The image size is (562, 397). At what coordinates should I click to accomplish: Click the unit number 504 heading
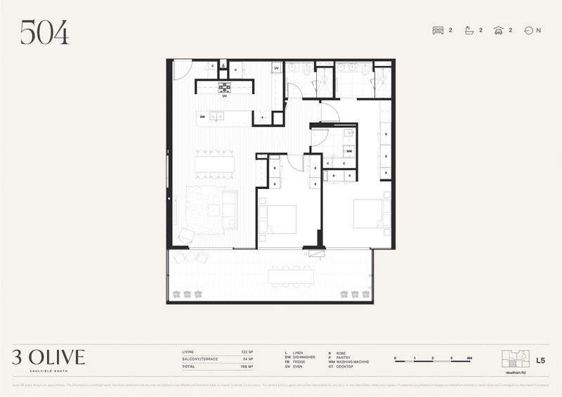(x=44, y=32)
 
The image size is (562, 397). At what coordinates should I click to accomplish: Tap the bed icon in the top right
(x=438, y=30)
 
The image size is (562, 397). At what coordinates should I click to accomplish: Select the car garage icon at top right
(x=497, y=30)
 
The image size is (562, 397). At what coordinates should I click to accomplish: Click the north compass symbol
(x=528, y=30)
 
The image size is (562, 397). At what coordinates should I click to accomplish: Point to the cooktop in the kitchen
(x=225, y=87)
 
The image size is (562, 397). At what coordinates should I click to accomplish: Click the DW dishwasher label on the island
(x=202, y=117)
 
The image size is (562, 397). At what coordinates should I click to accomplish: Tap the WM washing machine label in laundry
(x=348, y=150)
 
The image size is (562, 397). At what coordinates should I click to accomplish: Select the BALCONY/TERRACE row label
(x=199, y=359)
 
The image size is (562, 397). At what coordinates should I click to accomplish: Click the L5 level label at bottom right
(x=540, y=360)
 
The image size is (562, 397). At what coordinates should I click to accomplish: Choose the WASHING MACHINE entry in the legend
(x=351, y=362)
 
